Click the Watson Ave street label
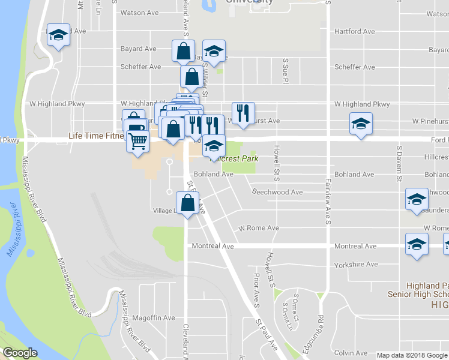coord(139,13)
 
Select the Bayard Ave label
coord(139,49)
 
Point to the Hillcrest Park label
coord(235,158)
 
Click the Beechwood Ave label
coord(277,192)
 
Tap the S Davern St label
coord(398,163)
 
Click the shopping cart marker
coord(138,142)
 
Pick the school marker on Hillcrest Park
coord(214,146)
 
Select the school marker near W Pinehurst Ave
coord(360,125)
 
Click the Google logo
coord(20,353)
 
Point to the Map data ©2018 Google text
coord(411,355)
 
